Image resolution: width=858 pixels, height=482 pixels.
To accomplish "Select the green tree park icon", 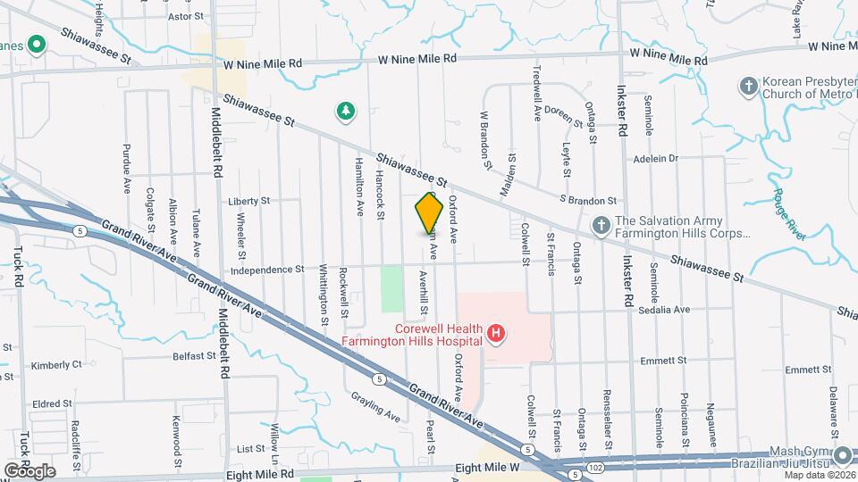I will pyautogui.click(x=345, y=111).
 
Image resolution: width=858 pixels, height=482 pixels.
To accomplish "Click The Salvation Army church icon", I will pyautogui.click(x=603, y=228).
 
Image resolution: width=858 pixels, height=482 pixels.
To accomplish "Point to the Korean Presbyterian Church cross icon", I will pyautogui.click(x=748, y=87).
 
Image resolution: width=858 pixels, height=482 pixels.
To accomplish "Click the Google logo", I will pyautogui.click(x=29, y=470).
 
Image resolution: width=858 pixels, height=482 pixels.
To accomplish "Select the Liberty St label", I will pyautogui.click(x=248, y=202).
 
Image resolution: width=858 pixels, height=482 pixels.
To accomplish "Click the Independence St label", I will pyautogui.click(x=267, y=269).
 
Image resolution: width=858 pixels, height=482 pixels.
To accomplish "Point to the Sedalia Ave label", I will pyautogui.click(x=665, y=310).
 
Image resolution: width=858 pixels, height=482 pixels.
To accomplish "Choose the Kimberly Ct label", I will pyautogui.click(x=55, y=365).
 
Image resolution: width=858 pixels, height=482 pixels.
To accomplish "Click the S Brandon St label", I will pyautogui.click(x=588, y=201).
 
